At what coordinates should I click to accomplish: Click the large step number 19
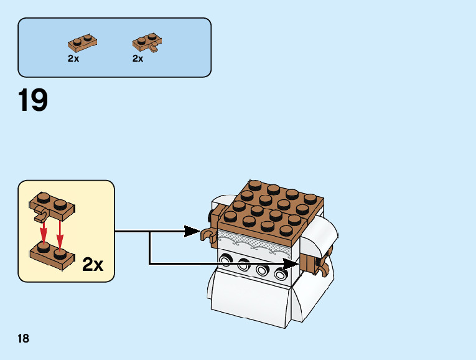(33, 100)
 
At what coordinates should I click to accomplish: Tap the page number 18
(24, 339)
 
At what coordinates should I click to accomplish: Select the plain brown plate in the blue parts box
(82, 44)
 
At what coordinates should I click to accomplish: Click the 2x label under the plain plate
(73, 59)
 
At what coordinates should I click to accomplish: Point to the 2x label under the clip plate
(138, 59)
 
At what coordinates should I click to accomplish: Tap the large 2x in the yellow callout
(93, 265)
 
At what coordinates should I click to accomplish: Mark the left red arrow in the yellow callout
(44, 234)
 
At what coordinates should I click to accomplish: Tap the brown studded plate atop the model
(268, 206)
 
